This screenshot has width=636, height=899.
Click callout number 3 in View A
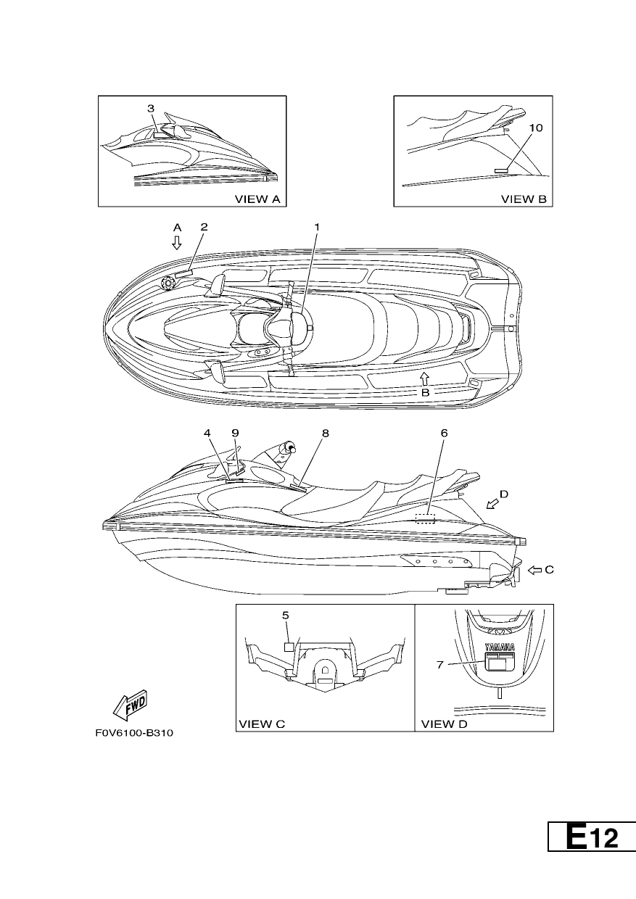[151, 108]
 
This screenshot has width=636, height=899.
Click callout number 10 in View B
[536, 128]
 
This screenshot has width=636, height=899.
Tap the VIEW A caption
[257, 199]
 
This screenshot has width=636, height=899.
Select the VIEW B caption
[524, 199]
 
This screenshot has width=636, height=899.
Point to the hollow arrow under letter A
[177, 242]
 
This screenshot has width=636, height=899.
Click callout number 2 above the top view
[204, 227]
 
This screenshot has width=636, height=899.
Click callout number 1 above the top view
[317, 227]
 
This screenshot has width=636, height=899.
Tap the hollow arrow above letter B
[424, 378]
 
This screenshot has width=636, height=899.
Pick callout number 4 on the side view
[207, 433]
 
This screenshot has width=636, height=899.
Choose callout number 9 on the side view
[235, 433]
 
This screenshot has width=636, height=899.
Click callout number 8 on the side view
[325, 433]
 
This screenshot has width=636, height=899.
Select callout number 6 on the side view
[444, 433]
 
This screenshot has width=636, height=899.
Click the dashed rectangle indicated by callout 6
[426, 518]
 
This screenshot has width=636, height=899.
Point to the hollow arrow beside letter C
[534, 570]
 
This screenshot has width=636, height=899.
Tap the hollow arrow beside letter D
[492, 503]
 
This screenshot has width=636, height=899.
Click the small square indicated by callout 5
[289, 647]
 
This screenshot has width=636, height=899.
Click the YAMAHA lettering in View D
[500, 647]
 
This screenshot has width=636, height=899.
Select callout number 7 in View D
[439, 665]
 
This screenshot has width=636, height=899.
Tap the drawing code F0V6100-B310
[134, 733]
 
